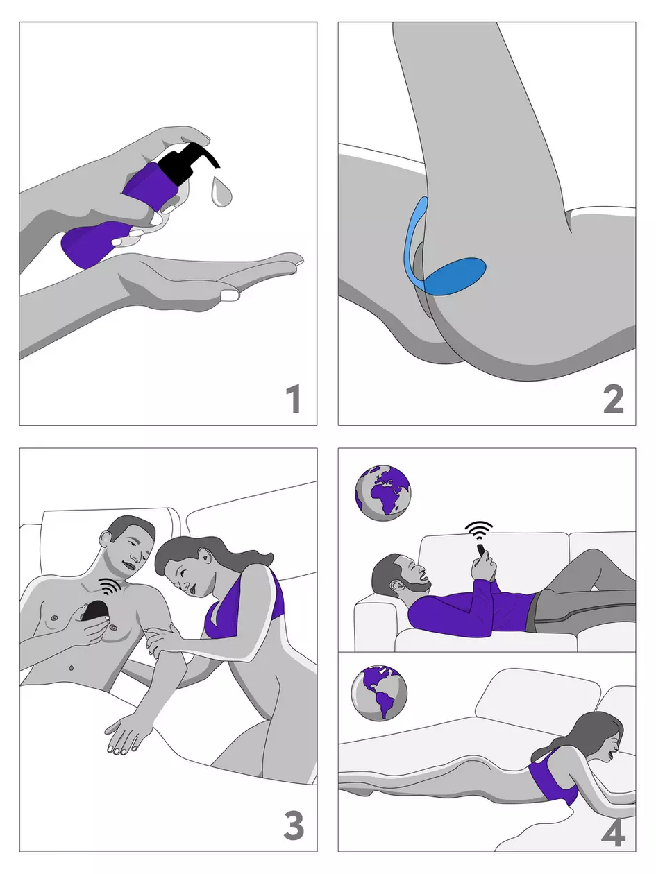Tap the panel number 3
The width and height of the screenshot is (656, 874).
[x=294, y=825]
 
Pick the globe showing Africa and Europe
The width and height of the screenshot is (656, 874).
[x=382, y=492]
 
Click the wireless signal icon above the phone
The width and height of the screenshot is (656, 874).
[x=479, y=531]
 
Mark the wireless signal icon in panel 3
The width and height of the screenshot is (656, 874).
[x=108, y=587]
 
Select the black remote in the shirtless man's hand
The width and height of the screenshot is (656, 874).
[x=95, y=612]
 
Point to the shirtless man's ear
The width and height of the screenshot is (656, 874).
[x=106, y=539]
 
